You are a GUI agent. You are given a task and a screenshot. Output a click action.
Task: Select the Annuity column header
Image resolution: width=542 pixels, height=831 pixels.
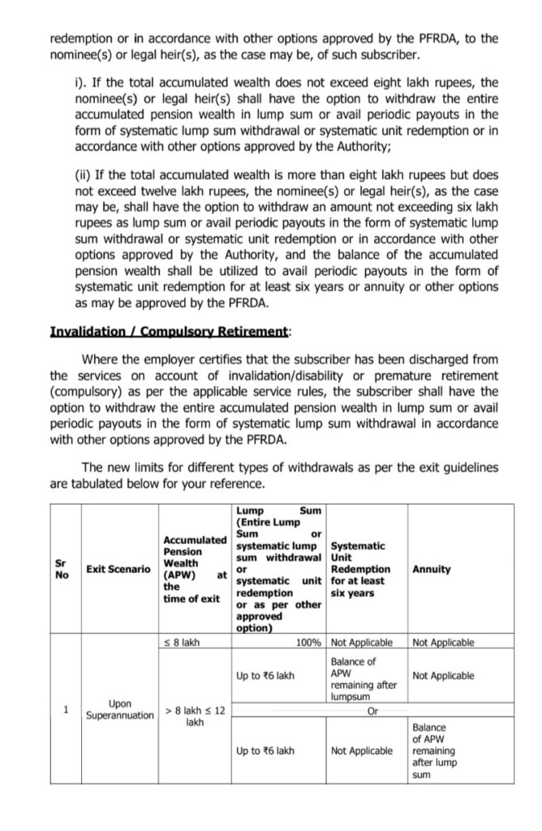[432, 570]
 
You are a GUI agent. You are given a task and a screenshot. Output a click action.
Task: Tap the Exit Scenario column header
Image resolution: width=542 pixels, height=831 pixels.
[118, 570]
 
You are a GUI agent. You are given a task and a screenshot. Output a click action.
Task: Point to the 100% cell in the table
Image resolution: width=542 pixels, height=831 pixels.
[309, 643]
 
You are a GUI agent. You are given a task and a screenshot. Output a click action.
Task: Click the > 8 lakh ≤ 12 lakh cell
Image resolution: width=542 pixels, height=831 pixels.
[195, 716]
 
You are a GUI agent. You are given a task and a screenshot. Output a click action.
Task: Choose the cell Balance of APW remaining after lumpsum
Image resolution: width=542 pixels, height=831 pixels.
[364, 679]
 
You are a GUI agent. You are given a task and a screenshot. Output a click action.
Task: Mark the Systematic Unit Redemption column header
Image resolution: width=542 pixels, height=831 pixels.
[361, 570]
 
